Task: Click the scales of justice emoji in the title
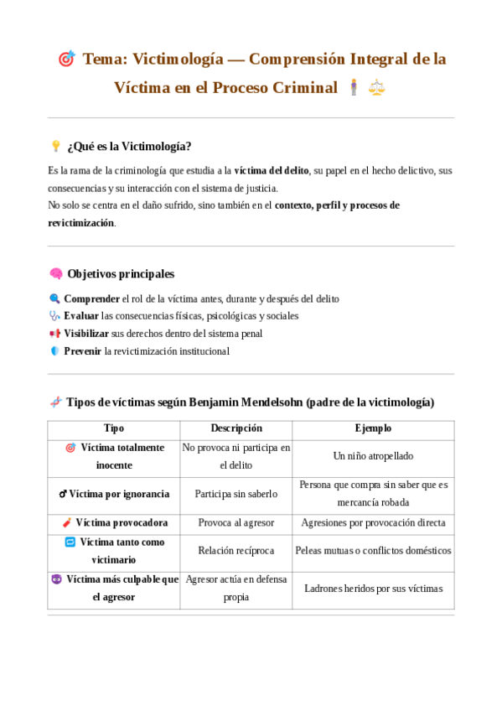pyautogui.click(x=377, y=86)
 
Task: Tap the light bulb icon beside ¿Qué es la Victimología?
pyautogui.click(x=56, y=146)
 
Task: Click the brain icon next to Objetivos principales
pyautogui.click(x=56, y=273)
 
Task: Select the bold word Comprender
pyautogui.click(x=91, y=298)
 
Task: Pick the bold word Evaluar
pyautogui.click(x=81, y=316)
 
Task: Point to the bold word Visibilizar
pyautogui.click(x=86, y=334)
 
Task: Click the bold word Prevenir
pyautogui.click(x=83, y=351)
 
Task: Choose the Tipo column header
pyautogui.click(x=113, y=428)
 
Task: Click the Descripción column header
pyautogui.click(x=236, y=428)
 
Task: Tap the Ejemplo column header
pyautogui.click(x=373, y=428)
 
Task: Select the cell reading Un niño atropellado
pyautogui.click(x=373, y=456)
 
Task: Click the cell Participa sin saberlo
pyautogui.click(x=236, y=494)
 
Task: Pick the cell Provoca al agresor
pyautogui.click(x=236, y=522)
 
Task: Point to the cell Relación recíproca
pyautogui.click(x=236, y=551)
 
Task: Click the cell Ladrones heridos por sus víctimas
pyautogui.click(x=373, y=589)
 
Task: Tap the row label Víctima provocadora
pyautogui.click(x=121, y=522)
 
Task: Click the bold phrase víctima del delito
pyautogui.click(x=272, y=170)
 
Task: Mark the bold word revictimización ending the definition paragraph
pyautogui.click(x=80, y=223)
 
